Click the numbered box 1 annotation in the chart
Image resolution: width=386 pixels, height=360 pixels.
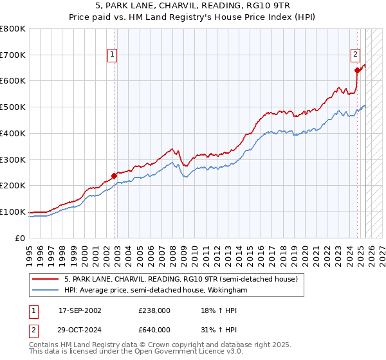pos(113,55)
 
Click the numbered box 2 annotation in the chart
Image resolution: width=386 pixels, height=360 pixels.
pos(355,55)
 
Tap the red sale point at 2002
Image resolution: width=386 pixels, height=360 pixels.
pos(115,175)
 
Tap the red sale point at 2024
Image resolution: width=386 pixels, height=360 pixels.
pos(357,70)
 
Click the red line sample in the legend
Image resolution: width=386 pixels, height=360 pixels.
pos(45,280)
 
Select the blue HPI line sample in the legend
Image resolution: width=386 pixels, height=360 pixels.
pos(45,291)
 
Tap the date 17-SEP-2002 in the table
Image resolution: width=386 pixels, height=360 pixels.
pos(80,310)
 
